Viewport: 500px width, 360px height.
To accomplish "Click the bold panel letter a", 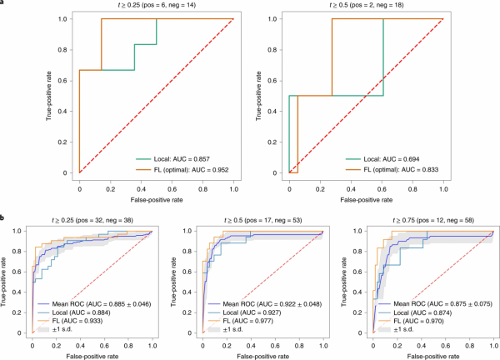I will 3,3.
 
